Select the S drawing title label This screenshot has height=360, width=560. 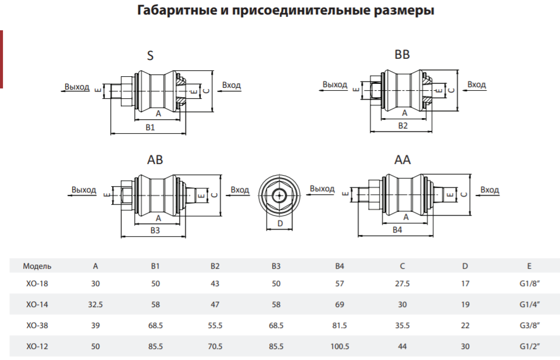pyautogui.click(x=151, y=56)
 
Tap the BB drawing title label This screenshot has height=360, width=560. pyautogui.click(x=402, y=55)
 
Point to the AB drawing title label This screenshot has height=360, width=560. pyautogui.click(x=155, y=159)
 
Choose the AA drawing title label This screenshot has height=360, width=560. pyautogui.click(x=402, y=159)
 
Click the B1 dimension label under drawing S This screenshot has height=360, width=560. pyautogui.click(x=151, y=127)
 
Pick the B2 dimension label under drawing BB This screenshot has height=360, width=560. pyautogui.click(x=403, y=126)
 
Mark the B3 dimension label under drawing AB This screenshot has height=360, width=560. pyautogui.click(x=155, y=230)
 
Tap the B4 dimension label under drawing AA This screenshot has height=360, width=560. pyautogui.click(x=398, y=230)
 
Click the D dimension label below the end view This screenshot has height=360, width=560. pyautogui.click(x=280, y=223)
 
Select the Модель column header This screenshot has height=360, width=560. pyautogui.click(x=37, y=266)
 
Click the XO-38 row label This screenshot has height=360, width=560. pyautogui.click(x=37, y=325)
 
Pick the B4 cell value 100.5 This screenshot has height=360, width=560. pyautogui.click(x=340, y=347)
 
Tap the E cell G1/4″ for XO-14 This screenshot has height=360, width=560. pyautogui.click(x=530, y=305)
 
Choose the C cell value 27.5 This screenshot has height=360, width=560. pyautogui.click(x=402, y=284)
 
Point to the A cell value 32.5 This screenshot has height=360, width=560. pyautogui.click(x=95, y=305)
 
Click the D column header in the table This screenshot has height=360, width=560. pyautogui.click(x=465, y=266)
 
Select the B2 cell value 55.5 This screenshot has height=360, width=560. pyautogui.click(x=215, y=325)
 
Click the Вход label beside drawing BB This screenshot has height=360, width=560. pyautogui.click(x=477, y=85)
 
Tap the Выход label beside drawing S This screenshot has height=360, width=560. pyautogui.click(x=77, y=87)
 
